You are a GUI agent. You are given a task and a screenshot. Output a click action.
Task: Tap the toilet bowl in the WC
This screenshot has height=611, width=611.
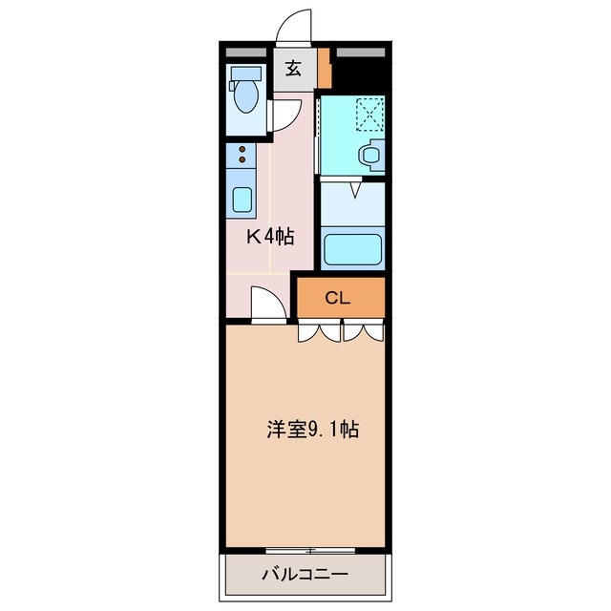click(245, 96)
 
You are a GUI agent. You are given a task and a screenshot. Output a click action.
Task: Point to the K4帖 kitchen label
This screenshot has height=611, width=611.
click(270, 238)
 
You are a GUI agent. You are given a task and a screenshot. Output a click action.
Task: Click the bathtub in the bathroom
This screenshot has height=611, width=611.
click(352, 248)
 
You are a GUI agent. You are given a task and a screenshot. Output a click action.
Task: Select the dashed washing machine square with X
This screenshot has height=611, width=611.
click(369, 116)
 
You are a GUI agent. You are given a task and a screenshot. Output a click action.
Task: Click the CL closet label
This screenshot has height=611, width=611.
click(338, 298)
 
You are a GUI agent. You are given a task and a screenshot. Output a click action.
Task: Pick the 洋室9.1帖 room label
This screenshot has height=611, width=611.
click(312, 430)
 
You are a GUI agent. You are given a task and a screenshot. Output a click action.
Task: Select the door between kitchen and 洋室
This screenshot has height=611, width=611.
click(268, 305)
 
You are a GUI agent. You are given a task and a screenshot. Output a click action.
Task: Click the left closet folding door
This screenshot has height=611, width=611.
click(318, 332)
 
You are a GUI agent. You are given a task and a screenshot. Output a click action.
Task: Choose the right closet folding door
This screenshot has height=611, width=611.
click(363, 332)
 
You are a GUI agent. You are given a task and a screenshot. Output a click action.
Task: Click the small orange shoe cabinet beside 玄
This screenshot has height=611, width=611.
click(325, 68)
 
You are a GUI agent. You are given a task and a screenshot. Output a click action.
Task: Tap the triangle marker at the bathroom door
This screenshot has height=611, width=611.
click(352, 191)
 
